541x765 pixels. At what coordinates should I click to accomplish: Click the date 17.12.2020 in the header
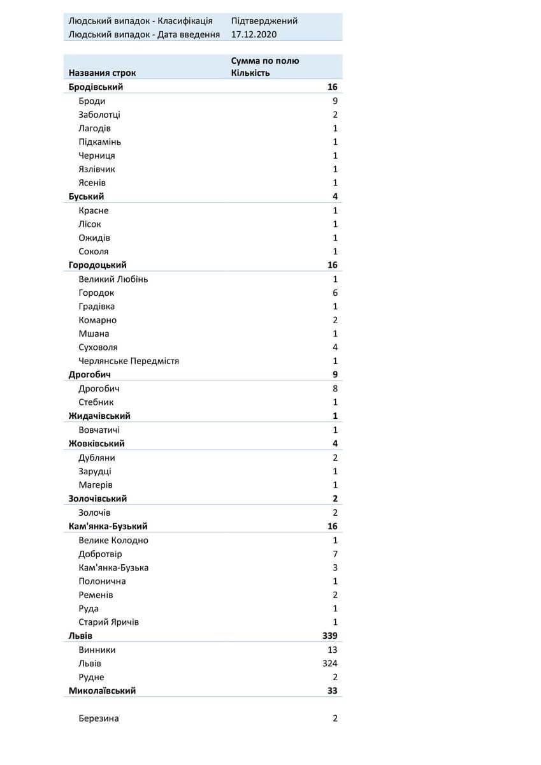(x=254, y=34)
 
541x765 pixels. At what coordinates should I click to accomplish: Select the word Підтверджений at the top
(x=264, y=20)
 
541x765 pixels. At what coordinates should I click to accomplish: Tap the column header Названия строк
(x=102, y=73)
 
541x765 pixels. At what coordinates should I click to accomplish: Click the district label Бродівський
(x=96, y=87)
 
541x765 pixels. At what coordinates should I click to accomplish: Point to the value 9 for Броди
(x=335, y=101)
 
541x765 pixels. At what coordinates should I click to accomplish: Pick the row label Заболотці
(x=99, y=115)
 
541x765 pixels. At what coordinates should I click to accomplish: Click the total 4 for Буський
(x=335, y=196)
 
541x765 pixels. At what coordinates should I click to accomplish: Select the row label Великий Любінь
(x=113, y=279)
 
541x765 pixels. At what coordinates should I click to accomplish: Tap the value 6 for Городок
(x=335, y=293)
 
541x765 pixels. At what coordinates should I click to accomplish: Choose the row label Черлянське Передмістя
(x=129, y=361)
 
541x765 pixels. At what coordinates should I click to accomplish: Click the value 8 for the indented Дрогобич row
(x=335, y=388)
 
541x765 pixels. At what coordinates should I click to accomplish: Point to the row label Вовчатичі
(x=99, y=430)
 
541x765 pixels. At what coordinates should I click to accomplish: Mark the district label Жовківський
(x=96, y=444)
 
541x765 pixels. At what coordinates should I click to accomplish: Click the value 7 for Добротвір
(x=335, y=554)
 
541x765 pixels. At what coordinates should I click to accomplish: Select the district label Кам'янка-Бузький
(x=108, y=527)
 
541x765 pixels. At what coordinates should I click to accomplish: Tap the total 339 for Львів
(x=330, y=636)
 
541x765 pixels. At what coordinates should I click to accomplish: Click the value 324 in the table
(x=330, y=664)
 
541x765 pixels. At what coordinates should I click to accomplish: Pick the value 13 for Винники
(x=333, y=650)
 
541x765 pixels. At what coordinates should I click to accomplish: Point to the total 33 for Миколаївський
(x=333, y=690)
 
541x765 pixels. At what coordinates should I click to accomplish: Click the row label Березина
(x=99, y=718)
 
